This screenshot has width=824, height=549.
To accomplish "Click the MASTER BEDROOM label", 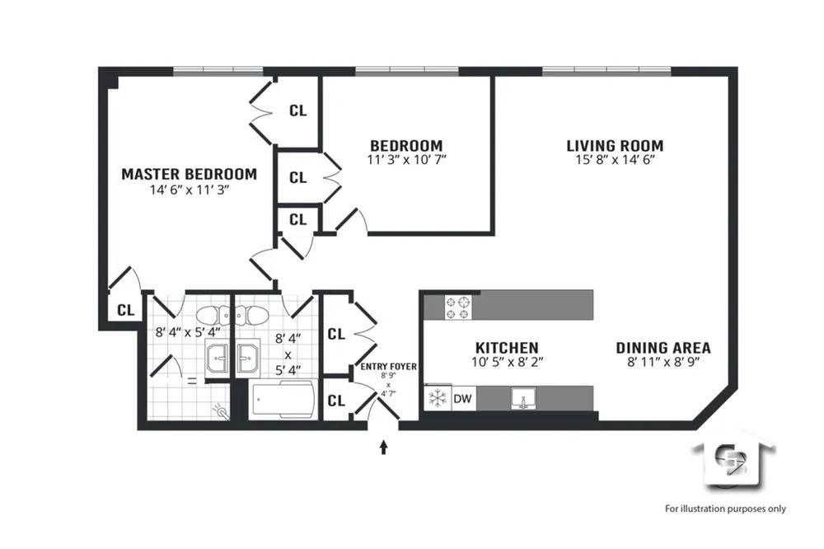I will pos(189,174).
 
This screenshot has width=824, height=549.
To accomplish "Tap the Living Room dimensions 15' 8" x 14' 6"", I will pos(615,162).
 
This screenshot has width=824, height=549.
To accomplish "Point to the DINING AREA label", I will pos(662,348).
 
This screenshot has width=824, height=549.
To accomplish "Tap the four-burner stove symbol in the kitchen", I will pos(458,307).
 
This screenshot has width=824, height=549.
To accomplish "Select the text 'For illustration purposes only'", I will pos(725,509).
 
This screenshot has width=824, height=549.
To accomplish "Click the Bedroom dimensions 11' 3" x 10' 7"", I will pos(406,160).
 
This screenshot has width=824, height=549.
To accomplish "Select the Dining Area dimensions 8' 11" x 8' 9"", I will pos(662,362).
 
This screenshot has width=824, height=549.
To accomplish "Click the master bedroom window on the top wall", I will pos(218,72).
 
